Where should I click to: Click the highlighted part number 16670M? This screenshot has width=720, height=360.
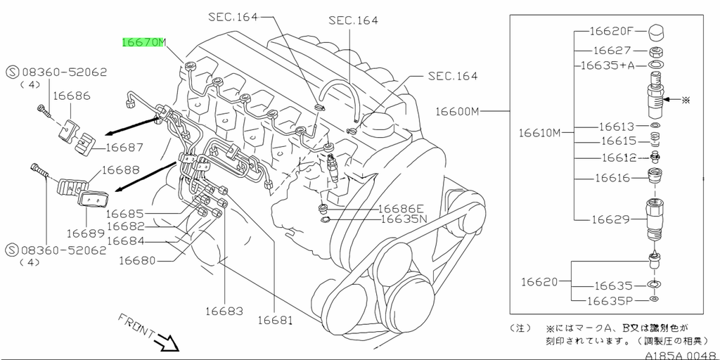click(x=143, y=42)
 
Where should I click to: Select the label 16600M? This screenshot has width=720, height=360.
click(x=456, y=111)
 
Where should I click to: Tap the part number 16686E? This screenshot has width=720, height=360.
click(x=401, y=208)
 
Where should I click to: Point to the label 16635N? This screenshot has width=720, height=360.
click(x=404, y=219)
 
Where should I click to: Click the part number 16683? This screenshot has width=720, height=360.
click(x=224, y=311)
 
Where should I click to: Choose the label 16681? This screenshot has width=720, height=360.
click(x=274, y=320)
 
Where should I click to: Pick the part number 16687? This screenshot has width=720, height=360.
click(x=125, y=148)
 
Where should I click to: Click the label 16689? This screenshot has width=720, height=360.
click(x=85, y=233)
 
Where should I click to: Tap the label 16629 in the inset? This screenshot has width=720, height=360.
click(x=610, y=220)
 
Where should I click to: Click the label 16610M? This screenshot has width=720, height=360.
click(x=540, y=132)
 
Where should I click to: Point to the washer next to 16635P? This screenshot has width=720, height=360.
click(x=655, y=300)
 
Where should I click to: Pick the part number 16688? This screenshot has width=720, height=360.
click(x=120, y=169)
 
